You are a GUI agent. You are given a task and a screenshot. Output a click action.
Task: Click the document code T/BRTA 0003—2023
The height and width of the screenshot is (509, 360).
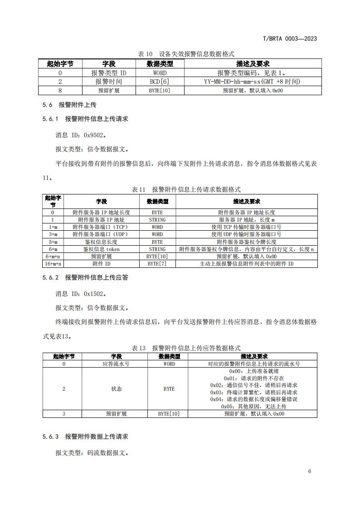point(290,39)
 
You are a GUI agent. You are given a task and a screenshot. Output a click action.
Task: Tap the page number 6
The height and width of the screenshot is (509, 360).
point(309,471)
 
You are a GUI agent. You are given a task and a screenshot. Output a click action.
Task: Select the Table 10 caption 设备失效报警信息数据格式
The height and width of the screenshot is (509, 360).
point(186,53)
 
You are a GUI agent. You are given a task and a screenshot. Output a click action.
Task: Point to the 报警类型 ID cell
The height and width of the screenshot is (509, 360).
point(109,73)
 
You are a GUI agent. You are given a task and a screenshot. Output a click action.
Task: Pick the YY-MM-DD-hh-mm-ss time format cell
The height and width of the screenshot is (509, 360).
point(253,82)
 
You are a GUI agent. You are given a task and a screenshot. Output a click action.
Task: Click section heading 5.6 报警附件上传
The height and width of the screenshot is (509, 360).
point(69,105)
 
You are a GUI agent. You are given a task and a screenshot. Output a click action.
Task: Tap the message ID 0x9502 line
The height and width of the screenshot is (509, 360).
point(82,135)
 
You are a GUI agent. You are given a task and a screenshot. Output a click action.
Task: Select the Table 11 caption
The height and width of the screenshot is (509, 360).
point(186,189)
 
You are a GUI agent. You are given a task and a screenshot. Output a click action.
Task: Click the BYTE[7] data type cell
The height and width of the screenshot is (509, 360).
point(157,263)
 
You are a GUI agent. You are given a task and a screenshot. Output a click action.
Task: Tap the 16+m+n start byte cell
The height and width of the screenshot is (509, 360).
point(53,263)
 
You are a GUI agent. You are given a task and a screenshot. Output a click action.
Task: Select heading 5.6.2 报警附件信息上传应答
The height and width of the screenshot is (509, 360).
point(85,277)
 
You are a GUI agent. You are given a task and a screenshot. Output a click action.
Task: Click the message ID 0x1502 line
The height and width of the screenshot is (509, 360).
point(82,294)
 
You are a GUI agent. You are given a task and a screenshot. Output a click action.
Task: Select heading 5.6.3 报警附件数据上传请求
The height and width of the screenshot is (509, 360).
point(85,436)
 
